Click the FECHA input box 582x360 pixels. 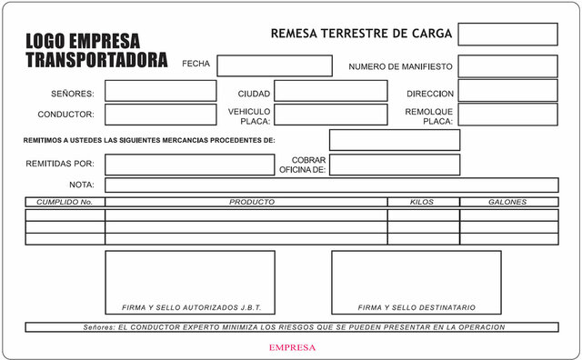click(x=275, y=65)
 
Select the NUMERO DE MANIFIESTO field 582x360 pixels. click(x=507, y=65)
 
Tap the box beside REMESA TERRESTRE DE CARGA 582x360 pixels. click(x=507, y=34)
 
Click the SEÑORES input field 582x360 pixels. click(x=160, y=91)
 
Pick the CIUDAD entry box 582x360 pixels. click(x=330, y=91)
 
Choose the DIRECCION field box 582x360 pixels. click(x=507, y=91)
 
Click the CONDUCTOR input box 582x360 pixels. click(x=160, y=115)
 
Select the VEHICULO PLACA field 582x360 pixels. click(x=330, y=115)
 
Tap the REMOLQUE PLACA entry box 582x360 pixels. click(x=507, y=115)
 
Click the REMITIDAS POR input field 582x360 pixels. click(x=189, y=165)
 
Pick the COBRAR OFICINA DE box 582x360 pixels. click(x=394, y=165)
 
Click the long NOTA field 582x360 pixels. click(x=331, y=185)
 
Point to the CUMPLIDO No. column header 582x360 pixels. click(x=65, y=202)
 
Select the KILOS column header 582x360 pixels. click(x=422, y=202)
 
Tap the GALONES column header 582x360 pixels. click(x=507, y=202)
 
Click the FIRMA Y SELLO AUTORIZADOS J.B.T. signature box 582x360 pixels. click(x=190, y=282)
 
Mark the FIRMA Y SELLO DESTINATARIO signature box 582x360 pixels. click(x=416, y=282)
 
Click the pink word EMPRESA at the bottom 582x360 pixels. click(x=292, y=347)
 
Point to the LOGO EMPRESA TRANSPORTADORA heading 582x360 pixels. click(x=95, y=51)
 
